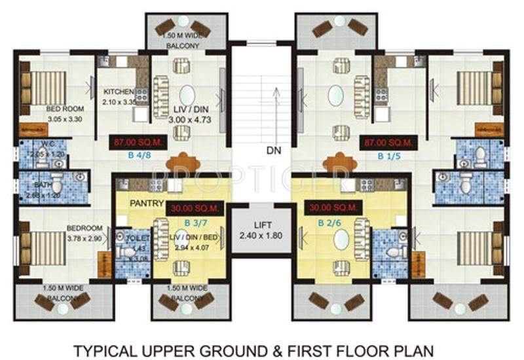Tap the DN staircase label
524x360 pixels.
[275, 151]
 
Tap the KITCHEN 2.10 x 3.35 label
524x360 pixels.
[119, 97]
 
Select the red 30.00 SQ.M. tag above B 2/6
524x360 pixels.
[331, 208]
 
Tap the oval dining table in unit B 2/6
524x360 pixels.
[341, 242]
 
